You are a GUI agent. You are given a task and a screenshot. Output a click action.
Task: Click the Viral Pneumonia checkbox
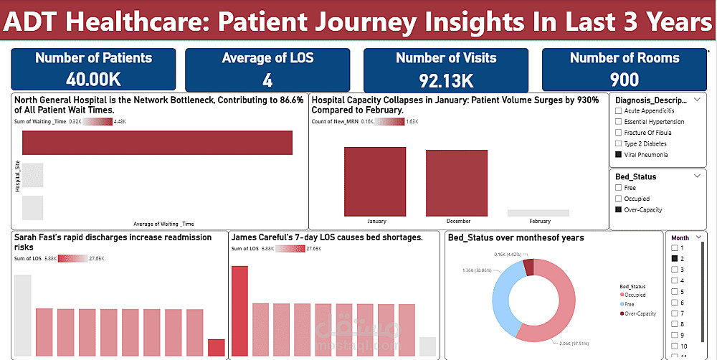point(618,154)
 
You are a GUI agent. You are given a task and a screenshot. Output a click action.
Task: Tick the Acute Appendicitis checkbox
point(618,111)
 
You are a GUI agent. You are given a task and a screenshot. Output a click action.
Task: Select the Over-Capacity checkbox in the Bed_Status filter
point(618,209)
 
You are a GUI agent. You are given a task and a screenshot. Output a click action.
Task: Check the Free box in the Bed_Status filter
point(618,188)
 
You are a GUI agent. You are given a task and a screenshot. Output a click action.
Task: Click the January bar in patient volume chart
point(375,181)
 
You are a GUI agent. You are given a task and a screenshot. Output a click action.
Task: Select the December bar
point(457,183)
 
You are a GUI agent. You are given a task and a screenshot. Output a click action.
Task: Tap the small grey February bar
point(538,213)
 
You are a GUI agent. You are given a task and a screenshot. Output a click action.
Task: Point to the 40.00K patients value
point(93,78)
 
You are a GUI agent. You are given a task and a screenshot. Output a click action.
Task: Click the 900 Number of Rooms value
point(625,78)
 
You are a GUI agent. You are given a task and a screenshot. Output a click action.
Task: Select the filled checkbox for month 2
point(675,257)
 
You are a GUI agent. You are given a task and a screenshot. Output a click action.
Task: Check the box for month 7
point(675,313)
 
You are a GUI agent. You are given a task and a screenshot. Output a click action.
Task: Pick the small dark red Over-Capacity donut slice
point(529,267)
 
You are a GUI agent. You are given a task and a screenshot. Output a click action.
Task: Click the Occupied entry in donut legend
point(635,295)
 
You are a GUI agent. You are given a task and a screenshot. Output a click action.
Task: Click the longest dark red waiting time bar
point(157,143)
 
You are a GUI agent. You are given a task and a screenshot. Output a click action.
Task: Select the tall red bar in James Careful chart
point(239,311)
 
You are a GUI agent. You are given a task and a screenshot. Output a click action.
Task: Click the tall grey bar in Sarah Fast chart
point(22,316)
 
